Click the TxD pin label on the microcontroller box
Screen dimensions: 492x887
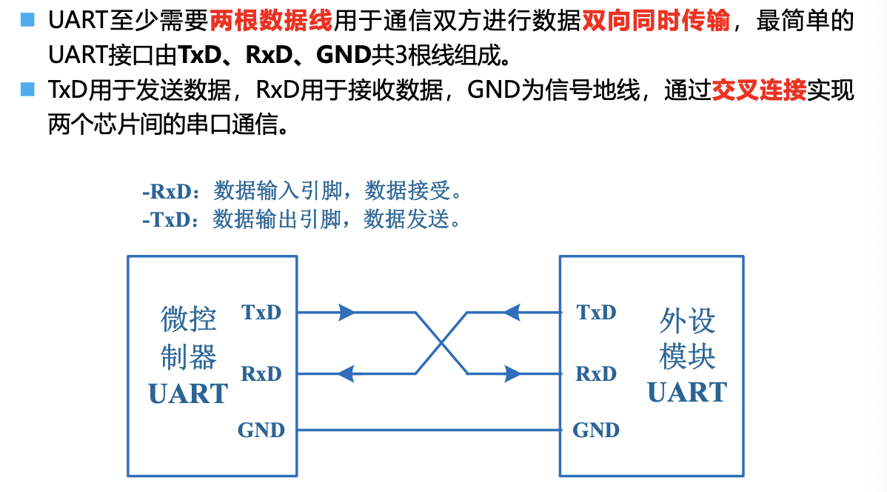(261, 312)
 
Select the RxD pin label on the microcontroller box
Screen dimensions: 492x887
(261, 373)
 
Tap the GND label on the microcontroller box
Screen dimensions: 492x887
(261, 430)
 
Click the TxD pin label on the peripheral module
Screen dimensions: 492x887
(596, 312)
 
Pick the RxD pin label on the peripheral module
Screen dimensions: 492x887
(596, 373)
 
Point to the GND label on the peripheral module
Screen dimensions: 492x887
(596, 430)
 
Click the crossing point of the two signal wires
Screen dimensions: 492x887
(442, 342)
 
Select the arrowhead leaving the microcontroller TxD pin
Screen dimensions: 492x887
(347, 313)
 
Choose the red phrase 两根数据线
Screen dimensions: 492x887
(270, 21)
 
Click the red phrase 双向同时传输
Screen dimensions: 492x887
(655, 21)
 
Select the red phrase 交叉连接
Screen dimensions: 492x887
(758, 91)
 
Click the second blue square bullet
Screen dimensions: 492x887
(27, 90)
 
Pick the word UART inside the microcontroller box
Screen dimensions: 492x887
(188, 393)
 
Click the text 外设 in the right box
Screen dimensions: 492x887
(686, 321)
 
